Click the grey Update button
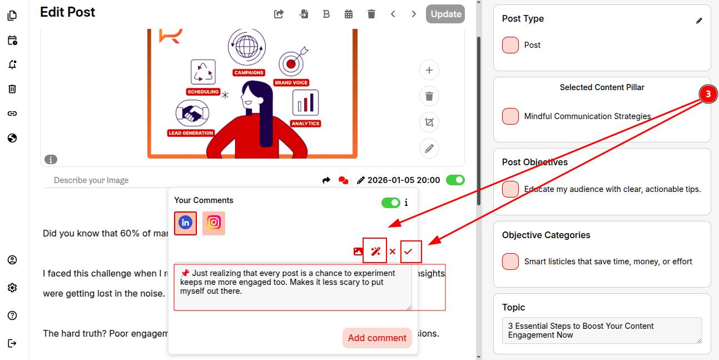[x=445, y=14]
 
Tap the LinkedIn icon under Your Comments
[x=185, y=223]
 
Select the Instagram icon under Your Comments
[x=214, y=223]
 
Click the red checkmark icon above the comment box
[x=408, y=251]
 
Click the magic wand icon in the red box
[x=375, y=251]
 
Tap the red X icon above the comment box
[x=393, y=251]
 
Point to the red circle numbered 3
[x=708, y=94]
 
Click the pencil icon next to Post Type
[x=699, y=21]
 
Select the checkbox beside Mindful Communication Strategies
[x=510, y=116]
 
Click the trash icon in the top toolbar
[x=371, y=14]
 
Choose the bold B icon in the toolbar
[x=326, y=14]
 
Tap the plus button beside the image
[x=429, y=70]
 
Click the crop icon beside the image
[x=429, y=122]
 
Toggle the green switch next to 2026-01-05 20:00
[x=455, y=180]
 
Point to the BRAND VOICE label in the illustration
[x=291, y=82]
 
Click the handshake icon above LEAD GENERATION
[x=192, y=114]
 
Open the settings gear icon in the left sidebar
[x=12, y=288]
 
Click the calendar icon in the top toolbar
[x=349, y=14]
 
